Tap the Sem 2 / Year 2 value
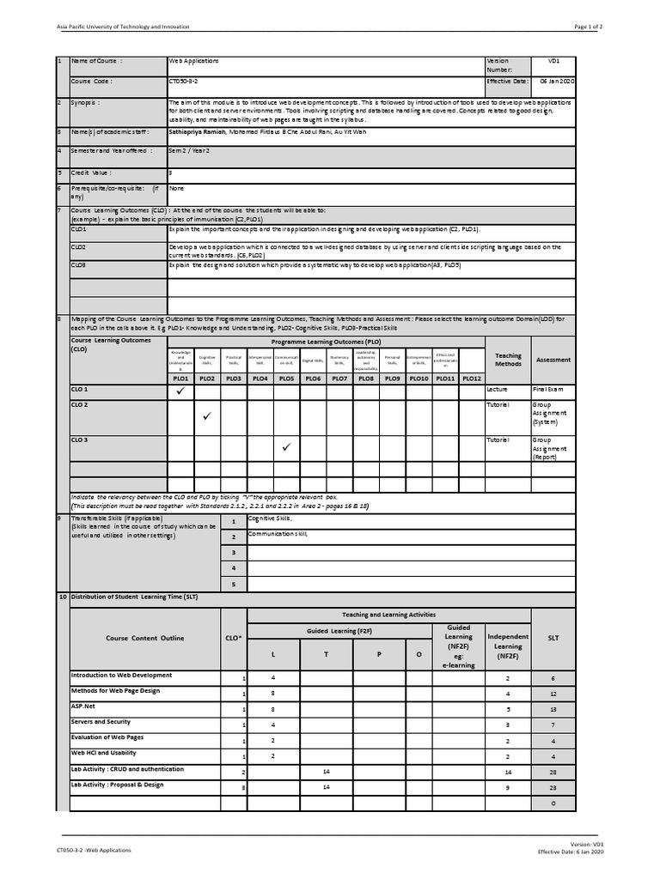coord(189,150)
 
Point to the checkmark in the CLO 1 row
coord(180,391)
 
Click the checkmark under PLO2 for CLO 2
coord(207,417)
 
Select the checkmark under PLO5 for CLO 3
coord(286,447)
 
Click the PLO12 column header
coord(472,379)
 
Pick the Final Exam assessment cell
coord(547,390)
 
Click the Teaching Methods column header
coord(508,360)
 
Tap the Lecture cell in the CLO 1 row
coord(498,390)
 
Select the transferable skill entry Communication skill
coord(278,534)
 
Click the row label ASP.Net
coord(82,706)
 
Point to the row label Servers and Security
coord(101,722)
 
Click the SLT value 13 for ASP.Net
coord(553,709)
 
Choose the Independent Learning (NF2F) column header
coord(508,642)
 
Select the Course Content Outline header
coord(144,638)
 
